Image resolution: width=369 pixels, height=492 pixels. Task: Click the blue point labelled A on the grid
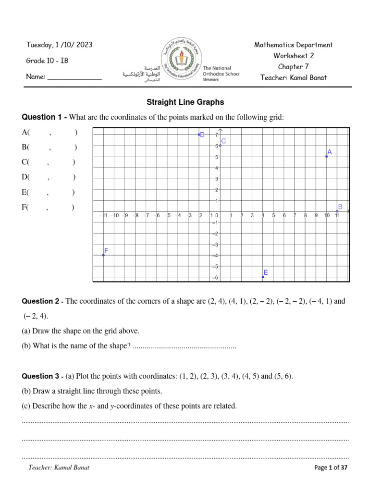(327, 156)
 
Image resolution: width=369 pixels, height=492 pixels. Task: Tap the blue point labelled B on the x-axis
(337, 211)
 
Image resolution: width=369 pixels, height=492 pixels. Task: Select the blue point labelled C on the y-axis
(220, 145)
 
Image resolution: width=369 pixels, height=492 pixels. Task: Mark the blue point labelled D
(199, 135)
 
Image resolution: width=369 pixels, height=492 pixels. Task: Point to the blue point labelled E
(263, 277)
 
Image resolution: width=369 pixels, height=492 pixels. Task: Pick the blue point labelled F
(103, 255)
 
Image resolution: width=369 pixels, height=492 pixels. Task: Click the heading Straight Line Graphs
(185, 102)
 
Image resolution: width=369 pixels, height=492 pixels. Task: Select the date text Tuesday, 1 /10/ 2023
(59, 45)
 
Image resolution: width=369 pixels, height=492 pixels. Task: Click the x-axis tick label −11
(102, 216)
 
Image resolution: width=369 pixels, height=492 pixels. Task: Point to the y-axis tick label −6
(216, 278)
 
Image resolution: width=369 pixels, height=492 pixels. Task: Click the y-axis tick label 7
(217, 135)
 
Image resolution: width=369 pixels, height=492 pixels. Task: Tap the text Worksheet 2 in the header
(294, 56)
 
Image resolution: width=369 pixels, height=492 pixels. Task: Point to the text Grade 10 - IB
(47, 61)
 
